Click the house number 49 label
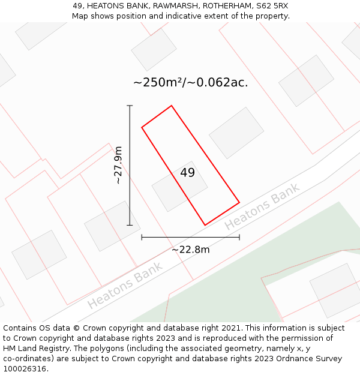click(187, 173)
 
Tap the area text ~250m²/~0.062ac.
click(190, 83)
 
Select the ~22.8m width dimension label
click(190, 250)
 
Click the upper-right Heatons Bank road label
click(262, 206)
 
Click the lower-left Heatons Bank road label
click(125, 286)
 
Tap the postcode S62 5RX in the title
click(274, 6)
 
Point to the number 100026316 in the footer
click(25, 369)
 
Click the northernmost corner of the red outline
click(172, 106)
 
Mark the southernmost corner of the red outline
click(205, 225)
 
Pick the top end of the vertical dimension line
click(130, 106)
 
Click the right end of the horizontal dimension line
click(239, 237)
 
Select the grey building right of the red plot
click(236, 133)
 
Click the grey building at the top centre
click(154, 50)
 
